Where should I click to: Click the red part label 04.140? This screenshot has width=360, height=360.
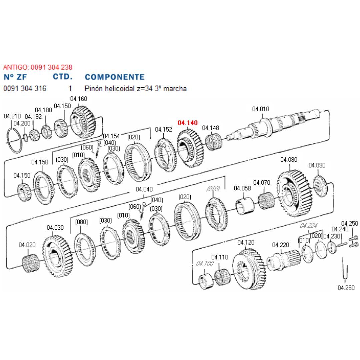(x=188, y=123)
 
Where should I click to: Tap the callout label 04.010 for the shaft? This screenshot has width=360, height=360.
(x=261, y=109)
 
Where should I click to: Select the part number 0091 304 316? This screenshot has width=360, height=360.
(x=25, y=89)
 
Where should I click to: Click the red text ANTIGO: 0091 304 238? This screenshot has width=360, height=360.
(x=38, y=67)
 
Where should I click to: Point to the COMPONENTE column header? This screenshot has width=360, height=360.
(x=115, y=77)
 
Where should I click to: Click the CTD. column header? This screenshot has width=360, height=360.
(x=63, y=77)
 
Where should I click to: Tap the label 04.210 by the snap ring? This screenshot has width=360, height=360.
(x=12, y=116)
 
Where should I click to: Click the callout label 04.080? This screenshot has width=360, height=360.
(x=289, y=160)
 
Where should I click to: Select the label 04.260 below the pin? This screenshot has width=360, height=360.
(x=346, y=288)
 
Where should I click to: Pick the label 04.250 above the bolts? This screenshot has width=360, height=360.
(x=350, y=223)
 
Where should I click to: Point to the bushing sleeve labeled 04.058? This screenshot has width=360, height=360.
(x=245, y=206)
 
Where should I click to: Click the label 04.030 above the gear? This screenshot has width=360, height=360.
(x=55, y=228)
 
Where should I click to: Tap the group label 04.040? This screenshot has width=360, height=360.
(x=144, y=189)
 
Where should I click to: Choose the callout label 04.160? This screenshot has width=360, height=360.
(x=79, y=99)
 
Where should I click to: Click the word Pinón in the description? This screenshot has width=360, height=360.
(x=94, y=89)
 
